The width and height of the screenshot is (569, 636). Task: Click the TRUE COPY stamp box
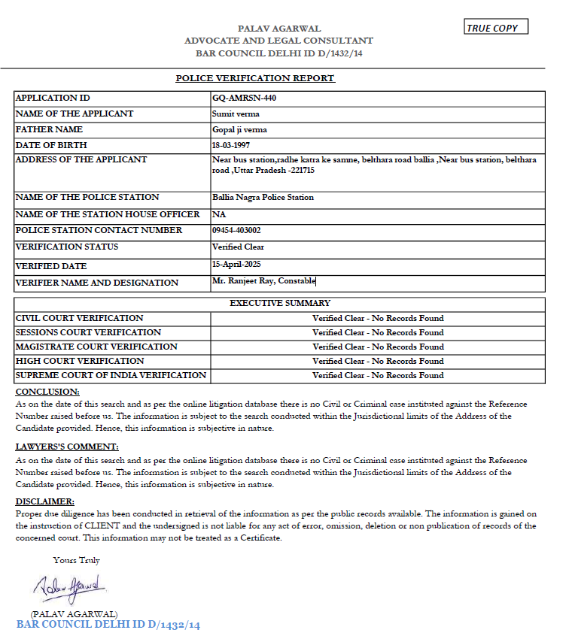tap(497, 28)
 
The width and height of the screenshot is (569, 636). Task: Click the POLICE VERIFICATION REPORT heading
tap(254, 78)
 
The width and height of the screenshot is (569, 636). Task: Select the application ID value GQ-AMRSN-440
tap(239, 98)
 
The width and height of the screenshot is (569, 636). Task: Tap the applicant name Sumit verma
tap(236, 114)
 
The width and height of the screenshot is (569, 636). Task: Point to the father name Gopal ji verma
tap(239, 129)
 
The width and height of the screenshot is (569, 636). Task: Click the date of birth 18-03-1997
tap(234, 145)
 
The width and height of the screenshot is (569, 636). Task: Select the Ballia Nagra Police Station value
tap(263, 197)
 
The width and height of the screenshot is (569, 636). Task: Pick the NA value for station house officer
tap(219, 214)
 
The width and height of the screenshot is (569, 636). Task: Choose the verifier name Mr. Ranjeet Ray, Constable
tap(264, 281)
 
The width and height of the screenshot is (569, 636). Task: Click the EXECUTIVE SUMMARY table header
tap(279, 303)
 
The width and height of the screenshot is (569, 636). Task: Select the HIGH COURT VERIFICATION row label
tap(80, 361)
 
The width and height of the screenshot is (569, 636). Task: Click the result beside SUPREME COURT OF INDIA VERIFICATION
tap(378, 375)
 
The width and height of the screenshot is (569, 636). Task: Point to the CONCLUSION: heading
tap(47, 392)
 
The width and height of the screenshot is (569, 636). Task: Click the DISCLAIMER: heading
tap(44, 501)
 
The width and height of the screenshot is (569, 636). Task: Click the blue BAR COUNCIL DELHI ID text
tap(108, 625)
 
